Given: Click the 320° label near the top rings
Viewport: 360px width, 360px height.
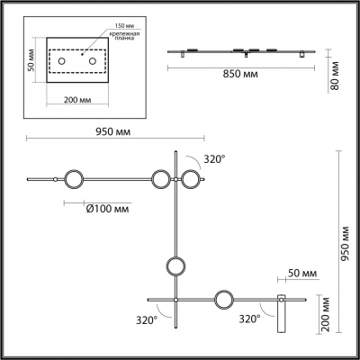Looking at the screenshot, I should [214, 158].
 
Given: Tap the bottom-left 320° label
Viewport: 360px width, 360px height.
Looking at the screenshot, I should [146, 319].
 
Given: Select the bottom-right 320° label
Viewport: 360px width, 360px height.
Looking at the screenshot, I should [249, 319].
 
